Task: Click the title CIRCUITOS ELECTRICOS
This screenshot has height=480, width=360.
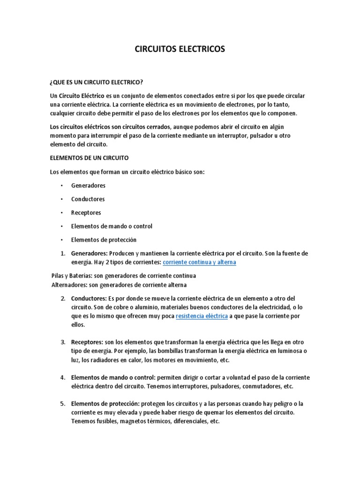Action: pyautogui.click(x=180, y=49)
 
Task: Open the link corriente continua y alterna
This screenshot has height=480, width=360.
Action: pyautogui.click(x=199, y=262)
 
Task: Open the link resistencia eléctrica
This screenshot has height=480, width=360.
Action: pyautogui.click(x=202, y=316)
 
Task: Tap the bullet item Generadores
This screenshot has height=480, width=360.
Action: pyautogui.click(x=88, y=185)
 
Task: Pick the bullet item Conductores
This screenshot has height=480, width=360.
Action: pyautogui.click(x=88, y=199)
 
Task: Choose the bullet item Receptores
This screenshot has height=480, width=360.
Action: pyautogui.click(x=86, y=212)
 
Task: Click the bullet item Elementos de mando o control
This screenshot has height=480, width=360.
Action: pyautogui.click(x=112, y=226)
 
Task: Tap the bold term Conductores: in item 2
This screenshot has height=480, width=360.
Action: pyautogui.click(x=89, y=299)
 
